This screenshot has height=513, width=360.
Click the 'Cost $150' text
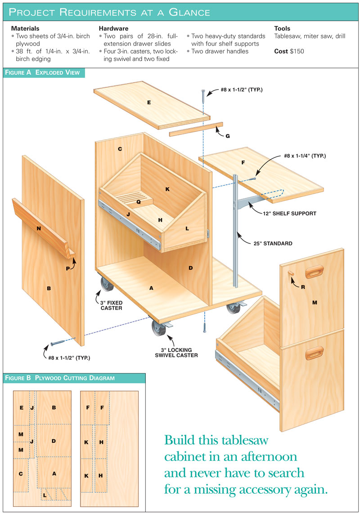pos(289,51)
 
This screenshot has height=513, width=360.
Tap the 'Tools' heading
pos(282,28)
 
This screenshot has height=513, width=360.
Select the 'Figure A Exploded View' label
pos(42,73)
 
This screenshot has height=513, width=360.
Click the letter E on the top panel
pos(149,103)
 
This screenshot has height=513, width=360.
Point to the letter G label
pos(228,136)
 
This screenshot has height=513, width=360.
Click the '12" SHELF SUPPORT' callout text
pos(289,214)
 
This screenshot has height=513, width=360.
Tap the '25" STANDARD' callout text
pos(273,243)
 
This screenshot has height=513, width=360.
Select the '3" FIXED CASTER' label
pos(111,306)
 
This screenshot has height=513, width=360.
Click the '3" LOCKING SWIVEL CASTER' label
pos(176,352)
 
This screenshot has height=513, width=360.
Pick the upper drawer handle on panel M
pos(315,272)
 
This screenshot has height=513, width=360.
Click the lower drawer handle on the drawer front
pos(315,352)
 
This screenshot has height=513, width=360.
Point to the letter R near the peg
pos(303,287)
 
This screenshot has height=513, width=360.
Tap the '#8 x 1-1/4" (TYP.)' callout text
pos(305,156)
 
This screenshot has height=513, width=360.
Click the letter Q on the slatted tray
pos(139,202)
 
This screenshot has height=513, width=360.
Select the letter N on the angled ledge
pos(39,228)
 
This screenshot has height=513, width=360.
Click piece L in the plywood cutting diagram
pos(45,495)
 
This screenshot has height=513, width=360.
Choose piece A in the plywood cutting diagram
pos(54,473)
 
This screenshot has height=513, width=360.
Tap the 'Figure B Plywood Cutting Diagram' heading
pos(60,378)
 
